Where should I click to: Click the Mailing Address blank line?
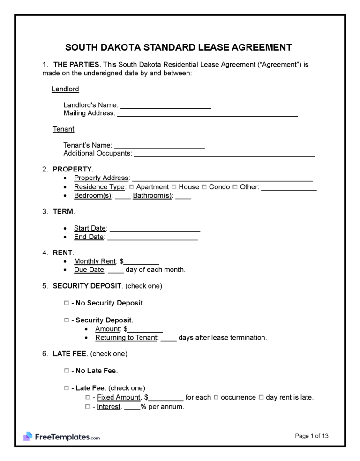[207, 113]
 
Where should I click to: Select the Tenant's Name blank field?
[159, 146]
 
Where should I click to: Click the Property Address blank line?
[223, 178]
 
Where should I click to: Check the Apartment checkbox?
[132, 187]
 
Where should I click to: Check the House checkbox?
[174, 187]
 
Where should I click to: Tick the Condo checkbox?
[204, 187]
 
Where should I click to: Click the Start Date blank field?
[155, 229]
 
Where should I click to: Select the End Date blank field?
[152, 237]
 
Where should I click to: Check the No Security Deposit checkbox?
[66, 303]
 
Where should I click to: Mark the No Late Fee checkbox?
[66, 371]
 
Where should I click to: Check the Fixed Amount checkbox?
[88, 397]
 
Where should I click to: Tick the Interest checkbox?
[88, 407]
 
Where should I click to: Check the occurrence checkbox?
[216, 397]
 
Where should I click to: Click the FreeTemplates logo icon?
[28, 437]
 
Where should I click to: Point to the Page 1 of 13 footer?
[312, 436]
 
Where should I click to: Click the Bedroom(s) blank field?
[122, 196]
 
